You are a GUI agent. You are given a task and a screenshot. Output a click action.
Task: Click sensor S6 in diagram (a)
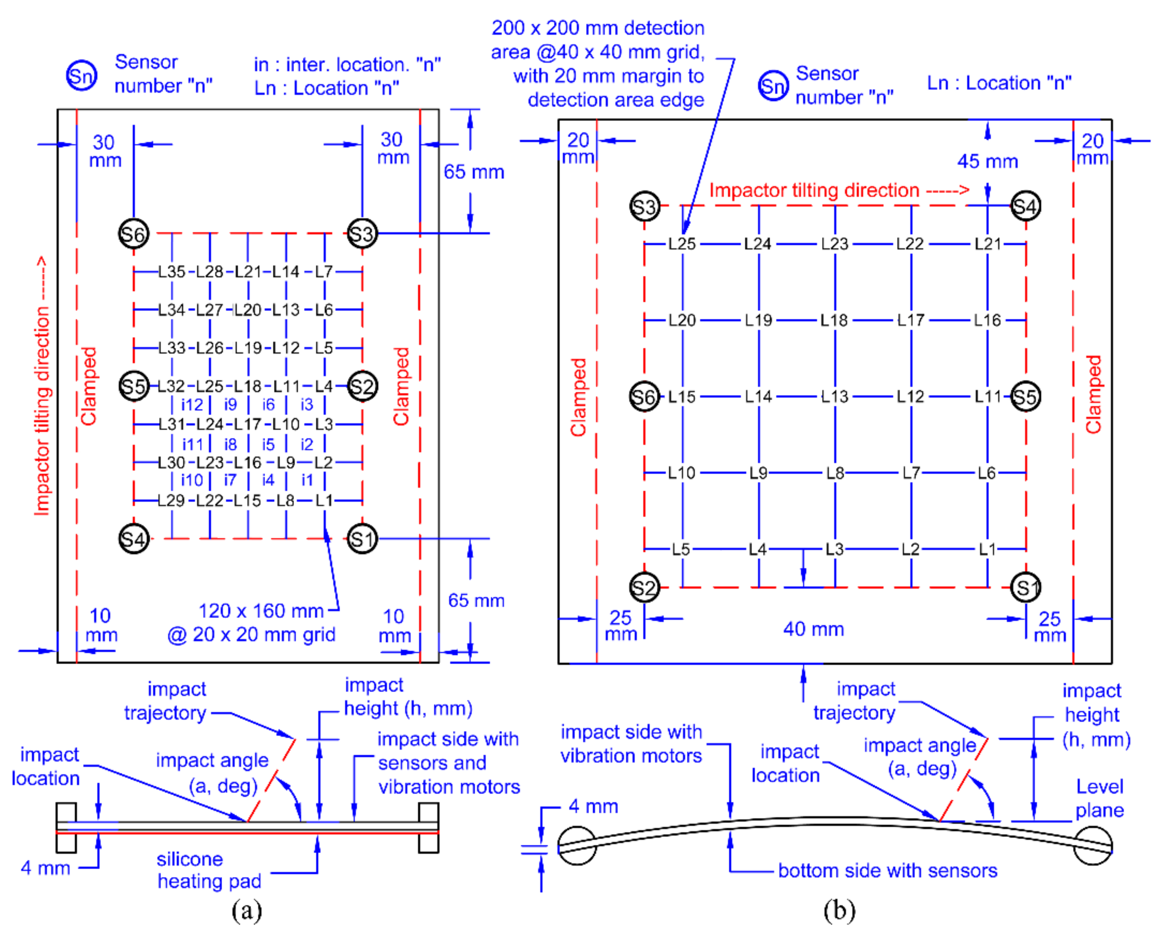point(133,233)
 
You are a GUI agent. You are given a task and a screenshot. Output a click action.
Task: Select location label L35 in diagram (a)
point(172,272)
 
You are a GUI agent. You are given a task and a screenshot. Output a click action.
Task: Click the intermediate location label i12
point(192,405)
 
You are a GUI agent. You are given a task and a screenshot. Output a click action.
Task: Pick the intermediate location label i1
point(307,480)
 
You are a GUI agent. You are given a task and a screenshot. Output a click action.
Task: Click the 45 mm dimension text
point(987,161)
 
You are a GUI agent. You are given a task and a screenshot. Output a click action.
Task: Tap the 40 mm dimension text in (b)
point(813,629)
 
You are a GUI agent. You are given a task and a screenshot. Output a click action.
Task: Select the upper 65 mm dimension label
point(474,172)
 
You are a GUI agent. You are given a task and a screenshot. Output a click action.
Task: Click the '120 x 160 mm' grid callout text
point(261,611)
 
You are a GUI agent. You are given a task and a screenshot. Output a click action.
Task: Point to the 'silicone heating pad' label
point(209,870)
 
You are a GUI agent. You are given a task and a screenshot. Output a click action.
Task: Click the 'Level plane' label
point(1099,798)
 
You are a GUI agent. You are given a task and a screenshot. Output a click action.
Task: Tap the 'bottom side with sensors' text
point(887,870)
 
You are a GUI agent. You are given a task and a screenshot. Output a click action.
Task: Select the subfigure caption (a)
point(246,910)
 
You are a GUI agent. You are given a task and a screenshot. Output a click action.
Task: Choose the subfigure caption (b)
point(839,910)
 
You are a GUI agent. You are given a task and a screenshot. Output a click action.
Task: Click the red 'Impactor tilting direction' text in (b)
point(814,190)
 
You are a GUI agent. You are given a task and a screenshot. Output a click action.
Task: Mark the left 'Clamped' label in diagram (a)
point(88,386)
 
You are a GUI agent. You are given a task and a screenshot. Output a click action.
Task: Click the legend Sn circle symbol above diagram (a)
point(82,75)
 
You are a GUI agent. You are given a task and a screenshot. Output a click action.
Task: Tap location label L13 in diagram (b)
point(834,396)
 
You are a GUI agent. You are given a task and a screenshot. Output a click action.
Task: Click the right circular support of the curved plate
point(1092,845)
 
